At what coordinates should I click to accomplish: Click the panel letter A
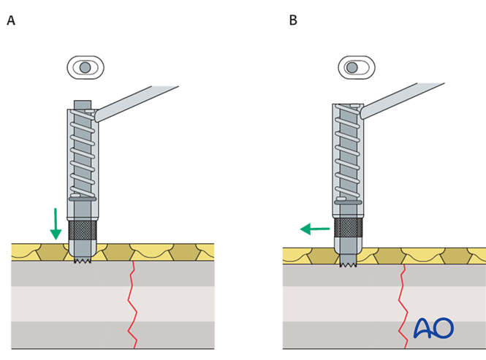click(x=11, y=21)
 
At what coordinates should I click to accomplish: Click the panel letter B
click(x=293, y=21)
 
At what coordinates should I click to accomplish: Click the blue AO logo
click(x=433, y=329)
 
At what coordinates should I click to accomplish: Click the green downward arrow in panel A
click(x=56, y=224)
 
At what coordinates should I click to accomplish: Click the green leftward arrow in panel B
click(x=315, y=229)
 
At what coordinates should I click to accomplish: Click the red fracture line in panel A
click(x=132, y=307)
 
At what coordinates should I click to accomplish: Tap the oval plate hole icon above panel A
click(x=86, y=68)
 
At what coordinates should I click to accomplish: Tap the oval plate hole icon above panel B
click(x=356, y=68)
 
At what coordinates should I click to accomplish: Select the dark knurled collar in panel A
click(x=83, y=231)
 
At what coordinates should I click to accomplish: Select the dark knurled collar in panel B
click(x=348, y=227)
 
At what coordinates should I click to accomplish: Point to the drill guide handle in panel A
click(x=139, y=102)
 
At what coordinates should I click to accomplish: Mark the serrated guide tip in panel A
click(x=83, y=260)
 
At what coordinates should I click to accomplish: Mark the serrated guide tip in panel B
click(x=348, y=263)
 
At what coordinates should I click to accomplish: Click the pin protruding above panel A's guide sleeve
click(x=83, y=104)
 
